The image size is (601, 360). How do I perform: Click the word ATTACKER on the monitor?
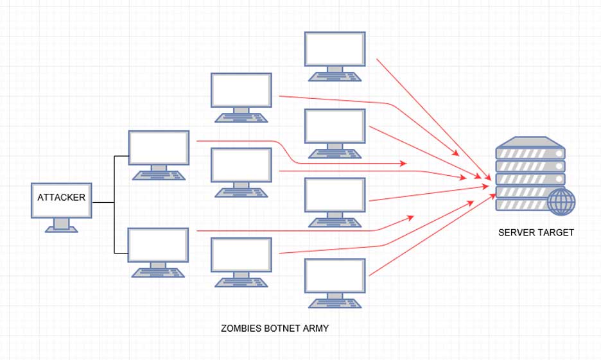61,198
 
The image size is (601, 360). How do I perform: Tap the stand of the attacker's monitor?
62,223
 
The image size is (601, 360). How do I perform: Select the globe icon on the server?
562,201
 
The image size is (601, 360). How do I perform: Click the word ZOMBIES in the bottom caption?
241,328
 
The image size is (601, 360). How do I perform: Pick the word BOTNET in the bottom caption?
279,328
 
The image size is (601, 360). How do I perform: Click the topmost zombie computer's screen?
335,49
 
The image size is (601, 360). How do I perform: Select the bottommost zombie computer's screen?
335,275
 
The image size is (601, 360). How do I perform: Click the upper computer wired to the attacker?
159,148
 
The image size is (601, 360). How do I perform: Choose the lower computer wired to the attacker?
159,245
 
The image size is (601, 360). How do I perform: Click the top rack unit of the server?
530,154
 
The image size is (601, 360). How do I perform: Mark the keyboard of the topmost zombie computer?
335,76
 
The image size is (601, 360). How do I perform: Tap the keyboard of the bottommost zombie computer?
335,303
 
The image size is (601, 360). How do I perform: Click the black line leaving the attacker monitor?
103,203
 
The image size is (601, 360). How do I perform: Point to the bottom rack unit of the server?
521,205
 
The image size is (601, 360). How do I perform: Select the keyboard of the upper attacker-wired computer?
159,175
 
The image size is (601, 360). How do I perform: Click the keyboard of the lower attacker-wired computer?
159,272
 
